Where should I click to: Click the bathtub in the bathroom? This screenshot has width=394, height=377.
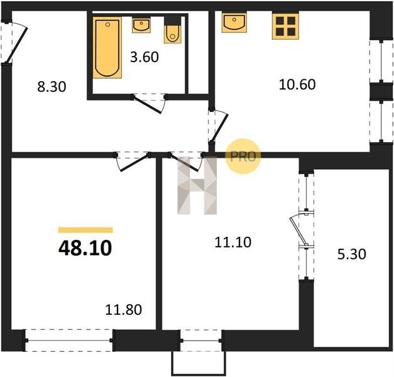[107, 48]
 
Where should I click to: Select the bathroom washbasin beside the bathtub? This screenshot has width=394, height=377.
[141, 25]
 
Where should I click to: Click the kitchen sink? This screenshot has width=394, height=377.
[234, 23]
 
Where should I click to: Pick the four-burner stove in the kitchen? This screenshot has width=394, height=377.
[285, 26]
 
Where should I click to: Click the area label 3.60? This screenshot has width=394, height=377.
[145, 57]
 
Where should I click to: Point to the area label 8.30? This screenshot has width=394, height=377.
[52, 87]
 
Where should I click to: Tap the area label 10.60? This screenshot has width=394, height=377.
[297, 84]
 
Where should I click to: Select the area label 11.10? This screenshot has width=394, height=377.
[233, 243]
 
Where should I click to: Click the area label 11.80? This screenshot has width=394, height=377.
[123, 310]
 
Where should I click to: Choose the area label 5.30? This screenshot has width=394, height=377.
[351, 254]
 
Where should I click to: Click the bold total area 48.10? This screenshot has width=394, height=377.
[85, 248]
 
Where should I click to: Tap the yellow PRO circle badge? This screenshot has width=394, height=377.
[243, 156]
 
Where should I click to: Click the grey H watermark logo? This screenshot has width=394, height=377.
[197, 185]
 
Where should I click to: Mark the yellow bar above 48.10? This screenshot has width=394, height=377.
[85, 230]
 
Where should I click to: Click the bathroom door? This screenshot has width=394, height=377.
[149, 104]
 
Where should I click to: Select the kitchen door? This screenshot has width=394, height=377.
[218, 128]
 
